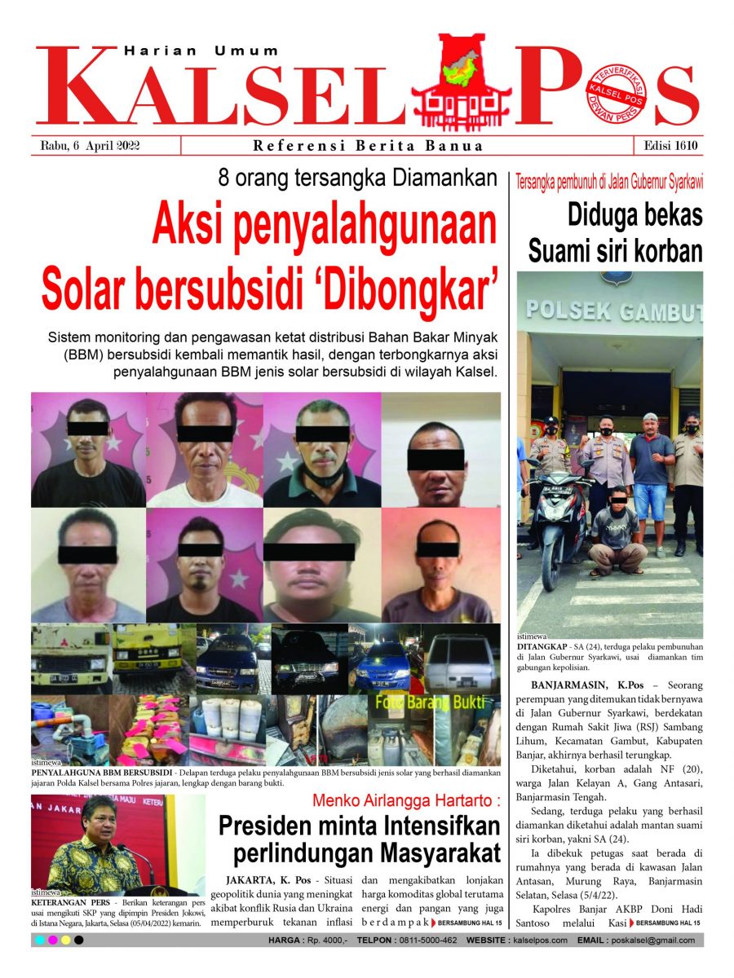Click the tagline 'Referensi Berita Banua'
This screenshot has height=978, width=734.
point(368,147)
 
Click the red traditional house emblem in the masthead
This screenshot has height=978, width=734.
point(461,81)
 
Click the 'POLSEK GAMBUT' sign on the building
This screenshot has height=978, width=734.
point(612,311)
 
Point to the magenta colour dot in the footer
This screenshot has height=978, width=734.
point(52,941)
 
